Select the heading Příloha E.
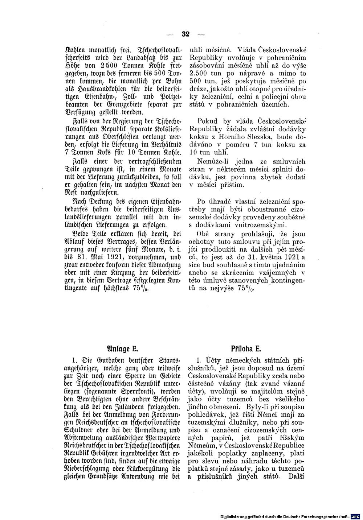point(246,350)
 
